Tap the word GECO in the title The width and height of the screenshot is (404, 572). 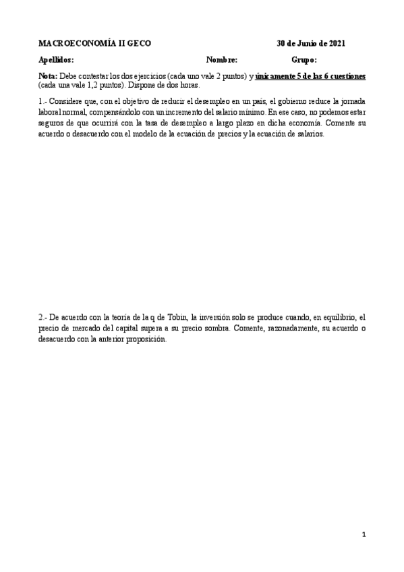tap(140, 43)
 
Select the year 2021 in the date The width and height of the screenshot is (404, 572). tap(335, 43)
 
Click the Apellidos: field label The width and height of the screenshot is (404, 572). tap(56, 60)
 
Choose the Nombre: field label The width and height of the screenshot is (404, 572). tap(222, 60)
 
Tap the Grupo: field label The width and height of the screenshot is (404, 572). tap(304, 60)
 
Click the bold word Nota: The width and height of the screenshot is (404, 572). tap(49, 77)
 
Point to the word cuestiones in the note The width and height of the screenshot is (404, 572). tap(345, 77)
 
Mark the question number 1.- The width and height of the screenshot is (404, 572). tap(44, 101)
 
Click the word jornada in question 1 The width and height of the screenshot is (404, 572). tap(350, 101)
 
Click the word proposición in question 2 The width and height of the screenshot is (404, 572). tap(144, 339)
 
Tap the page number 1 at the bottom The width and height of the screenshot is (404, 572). tap(364, 535)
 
